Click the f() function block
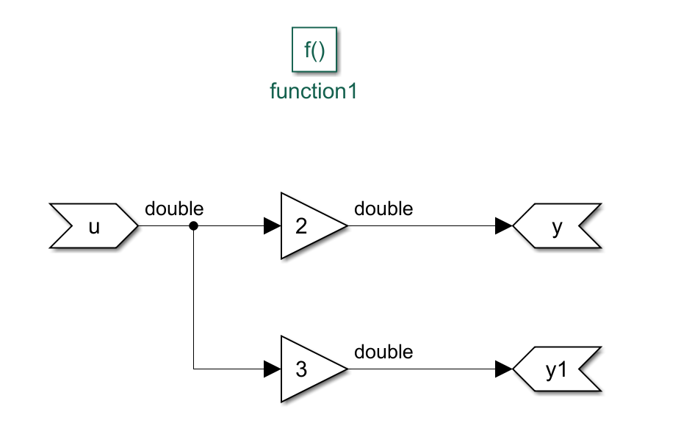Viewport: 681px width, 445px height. point(314,50)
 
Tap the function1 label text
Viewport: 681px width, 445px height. point(314,92)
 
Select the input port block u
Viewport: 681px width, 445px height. point(93,226)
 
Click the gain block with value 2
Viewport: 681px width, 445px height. point(309,226)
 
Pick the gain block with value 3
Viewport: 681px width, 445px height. point(309,369)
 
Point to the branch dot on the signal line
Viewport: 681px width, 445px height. point(194,226)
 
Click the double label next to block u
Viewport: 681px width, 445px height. point(174,209)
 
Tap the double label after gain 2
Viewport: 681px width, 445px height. point(383,209)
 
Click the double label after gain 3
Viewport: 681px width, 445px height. point(383,352)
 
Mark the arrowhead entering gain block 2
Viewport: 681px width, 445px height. point(273,226)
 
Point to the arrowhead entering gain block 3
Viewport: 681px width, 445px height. point(273,369)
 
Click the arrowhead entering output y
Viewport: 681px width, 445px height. point(504,226)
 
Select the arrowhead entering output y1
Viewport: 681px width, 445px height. point(504,369)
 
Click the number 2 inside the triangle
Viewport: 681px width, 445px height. point(300,226)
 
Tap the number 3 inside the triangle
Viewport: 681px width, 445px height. point(300,369)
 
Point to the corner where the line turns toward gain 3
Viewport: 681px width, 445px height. point(194,369)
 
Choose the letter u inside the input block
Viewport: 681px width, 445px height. point(93,227)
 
